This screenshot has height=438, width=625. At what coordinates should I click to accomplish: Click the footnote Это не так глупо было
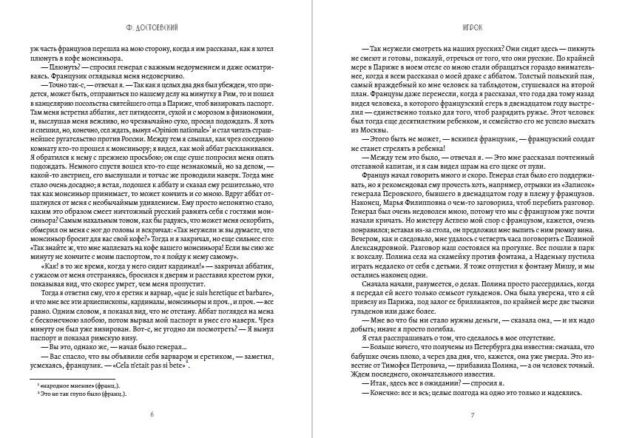(x=82, y=394)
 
